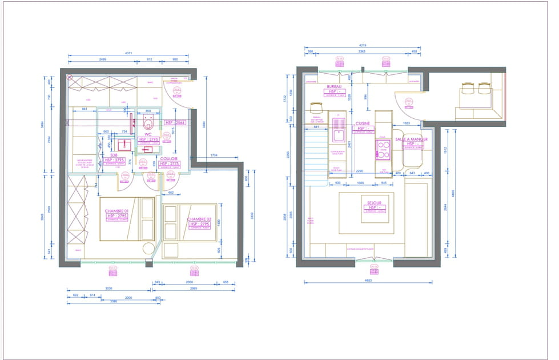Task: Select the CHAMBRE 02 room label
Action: click(200, 219)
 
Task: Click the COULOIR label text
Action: click(169, 159)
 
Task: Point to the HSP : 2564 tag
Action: click(175, 123)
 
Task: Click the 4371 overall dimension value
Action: click(128, 53)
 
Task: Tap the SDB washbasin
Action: click(122, 143)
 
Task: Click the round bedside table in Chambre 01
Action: click(148, 249)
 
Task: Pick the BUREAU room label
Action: click(334, 87)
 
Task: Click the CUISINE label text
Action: click(363, 123)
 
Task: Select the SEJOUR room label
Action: click(376, 202)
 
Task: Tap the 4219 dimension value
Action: click(362, 45)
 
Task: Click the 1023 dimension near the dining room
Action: click(407, 123)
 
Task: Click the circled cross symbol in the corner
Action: click(70, 77)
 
